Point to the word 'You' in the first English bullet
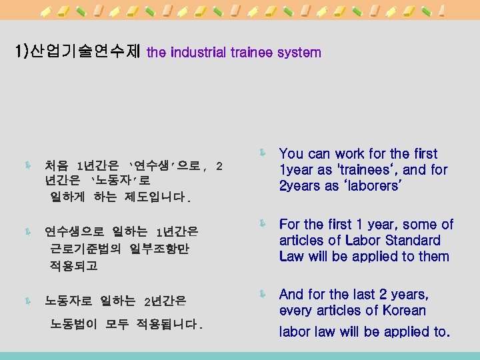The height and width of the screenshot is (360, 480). pos(291,154)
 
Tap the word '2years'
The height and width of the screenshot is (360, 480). pos(300,186)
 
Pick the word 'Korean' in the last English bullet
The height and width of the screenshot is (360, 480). pos(404,310)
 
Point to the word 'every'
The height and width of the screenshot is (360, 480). pos(296,310)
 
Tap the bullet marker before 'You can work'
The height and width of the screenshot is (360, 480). pos(263,153)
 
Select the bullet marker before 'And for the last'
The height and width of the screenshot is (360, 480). pos(263,294)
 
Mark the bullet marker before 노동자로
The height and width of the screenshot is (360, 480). pos(27,302)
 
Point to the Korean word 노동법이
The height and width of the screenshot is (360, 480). pos(74,325)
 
